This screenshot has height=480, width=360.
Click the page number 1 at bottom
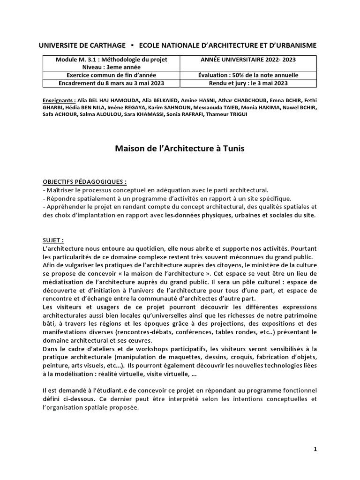315,449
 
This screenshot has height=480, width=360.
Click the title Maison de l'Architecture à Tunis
180,149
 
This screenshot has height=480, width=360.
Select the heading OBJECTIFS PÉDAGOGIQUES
84,182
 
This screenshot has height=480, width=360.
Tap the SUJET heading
52,239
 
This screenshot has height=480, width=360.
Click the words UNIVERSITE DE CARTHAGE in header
82,45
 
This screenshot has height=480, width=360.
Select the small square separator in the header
133,45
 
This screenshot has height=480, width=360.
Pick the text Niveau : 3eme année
111,67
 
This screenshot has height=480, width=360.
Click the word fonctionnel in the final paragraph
300,390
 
